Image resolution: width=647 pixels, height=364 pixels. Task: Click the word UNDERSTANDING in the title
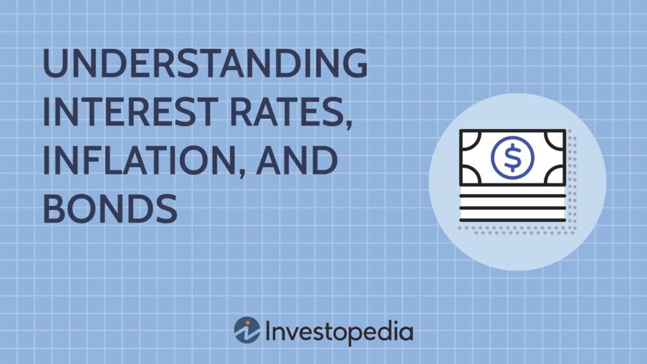click(205, 63)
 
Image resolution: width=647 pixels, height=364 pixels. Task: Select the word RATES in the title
click(286, 111)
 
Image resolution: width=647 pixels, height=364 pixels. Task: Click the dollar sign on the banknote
click(512, 157)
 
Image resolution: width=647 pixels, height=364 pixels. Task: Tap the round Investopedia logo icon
click(247, 330)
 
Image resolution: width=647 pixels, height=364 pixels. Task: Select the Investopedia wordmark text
click(339, 331)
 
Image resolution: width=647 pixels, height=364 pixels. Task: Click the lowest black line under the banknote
click(512, 221)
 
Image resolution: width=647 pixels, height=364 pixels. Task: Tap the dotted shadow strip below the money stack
click(517, 230)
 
